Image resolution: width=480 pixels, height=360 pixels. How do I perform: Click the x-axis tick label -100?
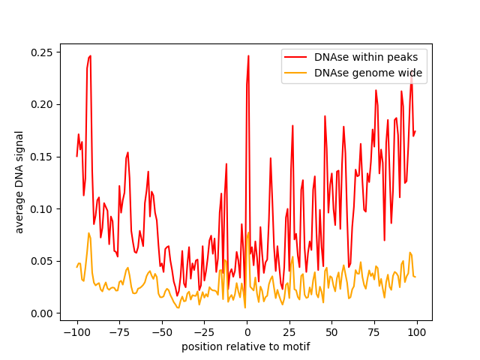[x=76, y=332]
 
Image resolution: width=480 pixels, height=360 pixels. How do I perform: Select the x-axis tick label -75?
[x=119, y=332]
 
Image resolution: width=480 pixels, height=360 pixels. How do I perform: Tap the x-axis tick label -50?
[x=162, y=332]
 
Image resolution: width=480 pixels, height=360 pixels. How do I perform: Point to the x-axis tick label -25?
[x=204, y=332]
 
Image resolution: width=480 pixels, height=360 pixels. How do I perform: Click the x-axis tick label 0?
[x=247, y=332]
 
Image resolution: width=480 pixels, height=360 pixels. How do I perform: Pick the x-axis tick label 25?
[x=289, y=332]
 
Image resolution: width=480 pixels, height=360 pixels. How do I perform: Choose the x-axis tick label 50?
[x=332, y=332]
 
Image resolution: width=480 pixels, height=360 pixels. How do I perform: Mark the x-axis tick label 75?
[x=374, y=332]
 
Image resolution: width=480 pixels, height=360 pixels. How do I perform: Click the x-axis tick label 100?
[x=417, y=332]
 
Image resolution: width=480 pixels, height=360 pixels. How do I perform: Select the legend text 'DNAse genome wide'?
[x=368, y=73]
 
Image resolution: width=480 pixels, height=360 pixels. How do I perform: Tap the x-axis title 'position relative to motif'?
[x=246, y=346]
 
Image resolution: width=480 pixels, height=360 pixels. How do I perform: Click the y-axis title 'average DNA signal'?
[x=19, y=182]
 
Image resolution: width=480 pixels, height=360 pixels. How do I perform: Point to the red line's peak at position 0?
[x=248, y=55]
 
